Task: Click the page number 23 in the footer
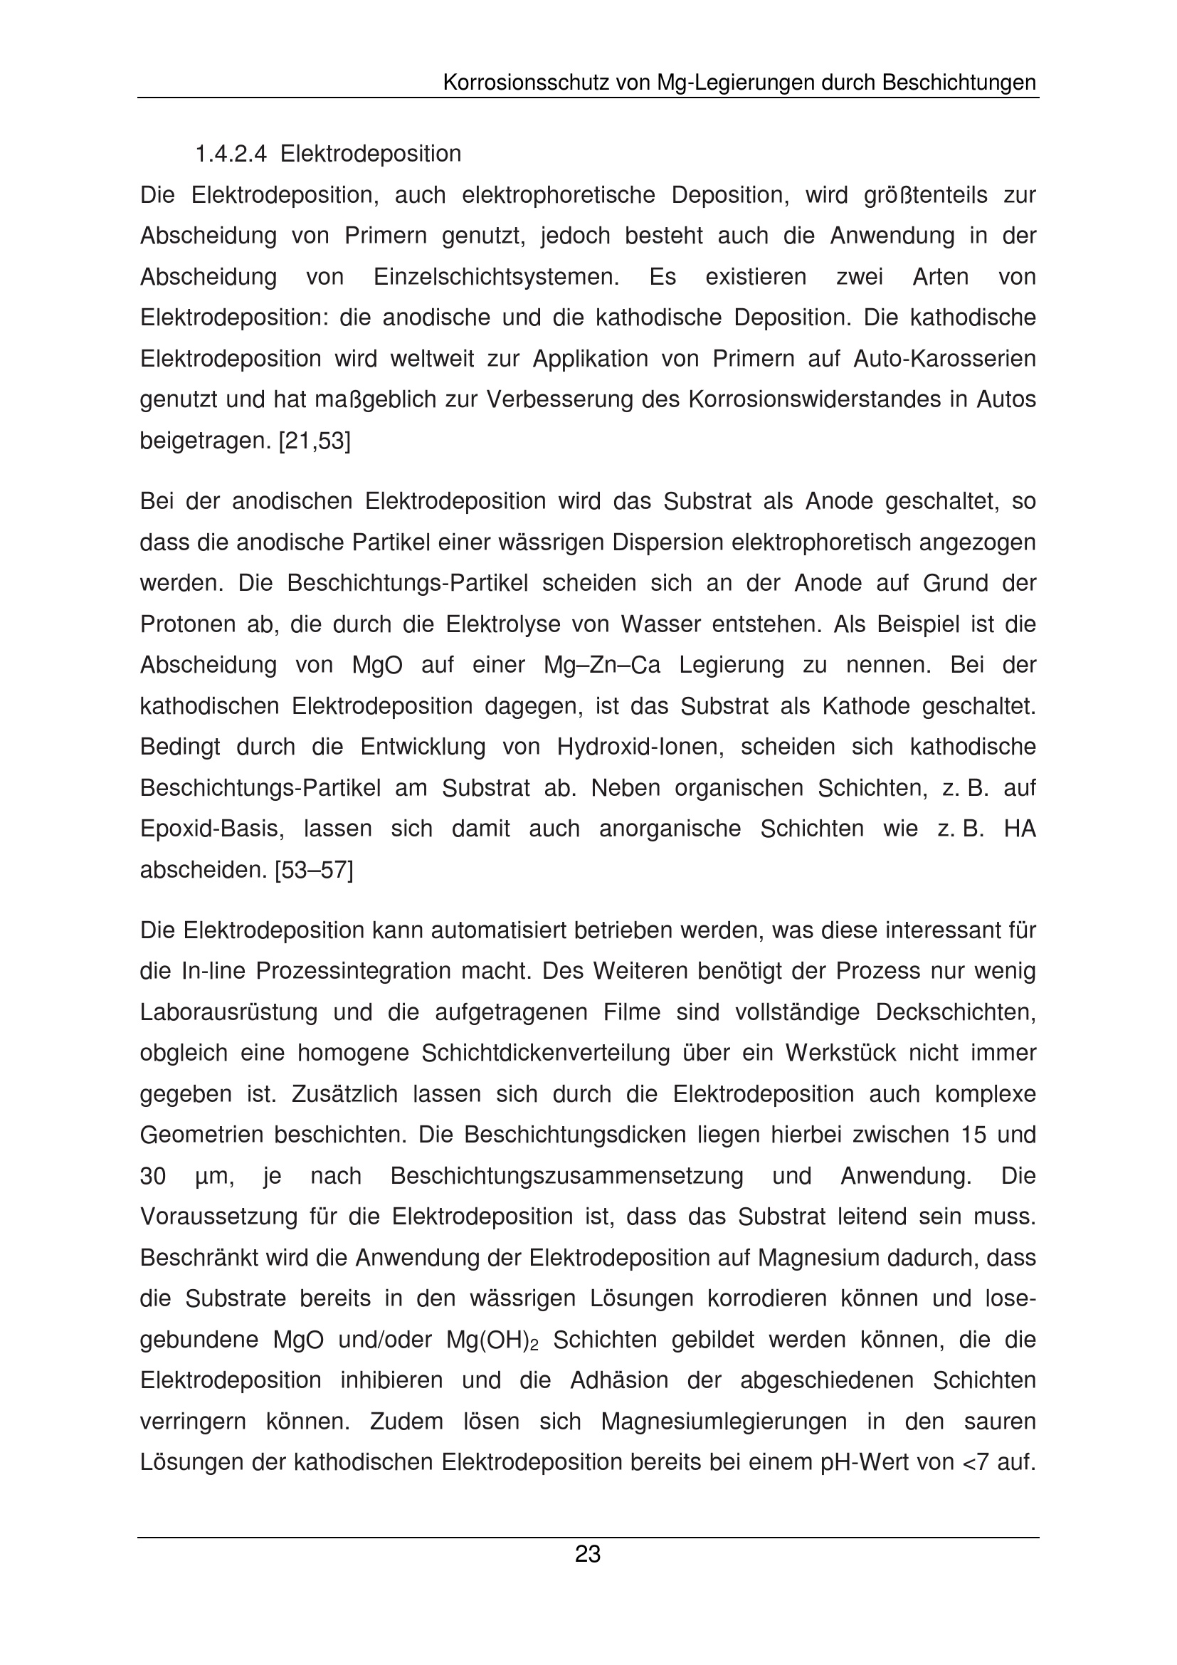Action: [588, 1555]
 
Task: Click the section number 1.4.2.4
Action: [231, 154]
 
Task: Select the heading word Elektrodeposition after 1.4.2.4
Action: [370, 154]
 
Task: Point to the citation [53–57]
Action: [314, 869]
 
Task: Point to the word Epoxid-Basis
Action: [211, 829]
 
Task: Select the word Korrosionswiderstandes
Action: [802, 399]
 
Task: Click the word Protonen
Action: [187, 624]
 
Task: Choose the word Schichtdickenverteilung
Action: [546, 1053]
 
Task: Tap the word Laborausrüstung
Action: [228, 1012]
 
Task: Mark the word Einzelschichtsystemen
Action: [497, 277]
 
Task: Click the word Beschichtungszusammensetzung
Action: [566, 1176]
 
